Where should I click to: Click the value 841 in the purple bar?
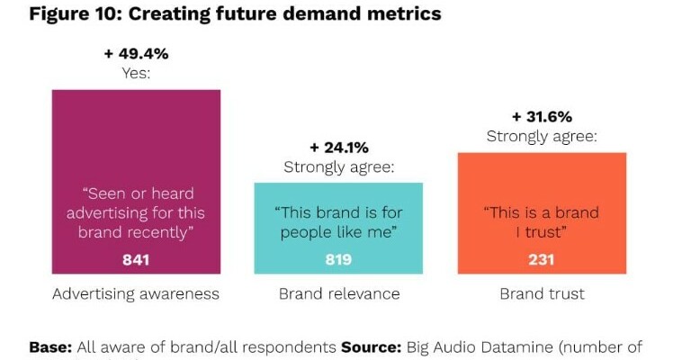(136, 260)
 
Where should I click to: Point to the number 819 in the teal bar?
(337, 260)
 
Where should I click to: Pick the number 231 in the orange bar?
(542, 260)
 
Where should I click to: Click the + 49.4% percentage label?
(136, 54)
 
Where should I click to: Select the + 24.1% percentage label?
(340, 148)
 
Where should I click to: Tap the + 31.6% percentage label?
(543, 117)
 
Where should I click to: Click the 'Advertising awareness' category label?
(136, 294)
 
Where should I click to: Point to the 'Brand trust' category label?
(542, 294)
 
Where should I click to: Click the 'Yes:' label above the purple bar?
(136, 73)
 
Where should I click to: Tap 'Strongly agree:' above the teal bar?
(340, 166)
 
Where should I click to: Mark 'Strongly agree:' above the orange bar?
(543, 137)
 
